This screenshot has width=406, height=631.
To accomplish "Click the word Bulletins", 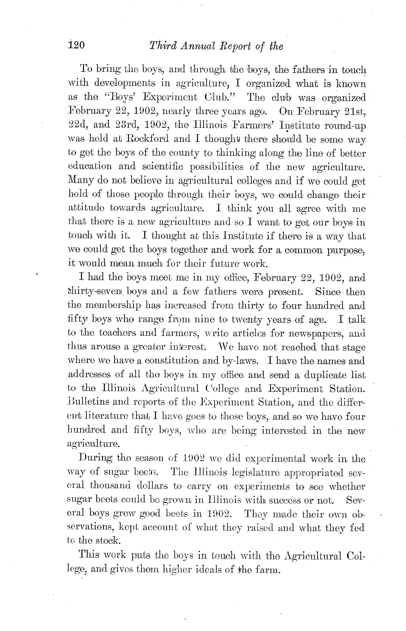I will point(88,402).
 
